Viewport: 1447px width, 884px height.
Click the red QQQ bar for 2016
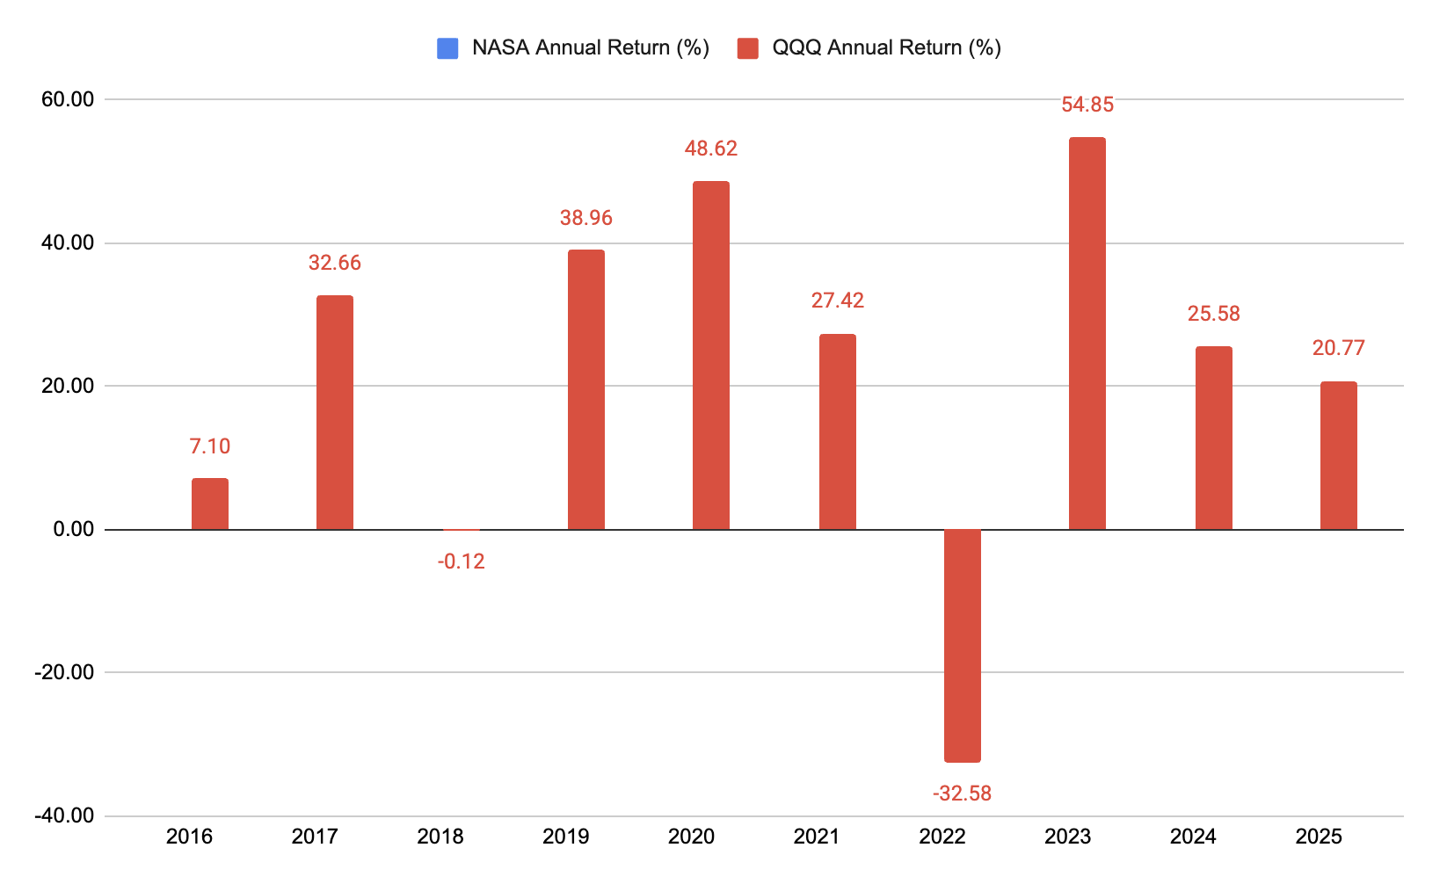click(x=210, y=504)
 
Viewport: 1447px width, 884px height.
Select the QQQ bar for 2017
click(x=335, y=413)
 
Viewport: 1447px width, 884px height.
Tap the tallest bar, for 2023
click(x=1087, y=333)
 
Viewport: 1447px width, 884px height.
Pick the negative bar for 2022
click(x=963, y=646)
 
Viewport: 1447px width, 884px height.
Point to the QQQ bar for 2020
click(x=711, y=355)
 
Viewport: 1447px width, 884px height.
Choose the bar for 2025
click(x=1339, y=455)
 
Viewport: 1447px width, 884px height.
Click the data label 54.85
click(x=1087, y=105)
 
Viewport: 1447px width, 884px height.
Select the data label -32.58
click(x=962, y=793)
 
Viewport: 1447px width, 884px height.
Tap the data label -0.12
click(x=462, y=562)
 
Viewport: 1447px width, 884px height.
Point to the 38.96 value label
click(x=585, y=218)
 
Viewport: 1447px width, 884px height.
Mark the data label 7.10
click(x=210, y=446)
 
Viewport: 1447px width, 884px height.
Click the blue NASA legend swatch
click(x=447, y=48)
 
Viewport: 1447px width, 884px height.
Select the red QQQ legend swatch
click(x=748, y=48)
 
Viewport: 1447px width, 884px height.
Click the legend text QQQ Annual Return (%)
click(x=887, y=47)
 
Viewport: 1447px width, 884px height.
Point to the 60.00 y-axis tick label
click(x=68, y=99)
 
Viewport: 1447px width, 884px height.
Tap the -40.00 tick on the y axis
click(x=64, y=815)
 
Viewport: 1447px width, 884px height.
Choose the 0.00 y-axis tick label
click(x=74, y=530)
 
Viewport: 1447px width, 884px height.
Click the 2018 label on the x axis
click(x=440, y=837)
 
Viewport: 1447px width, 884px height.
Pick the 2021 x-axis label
click(x=817, y=837)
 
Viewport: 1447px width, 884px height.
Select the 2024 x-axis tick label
click(x=1193, y=837)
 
